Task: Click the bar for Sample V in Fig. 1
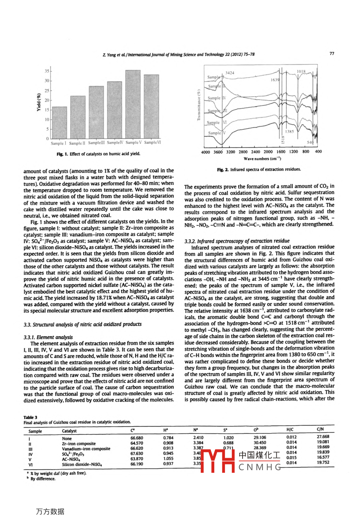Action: coord(133,104)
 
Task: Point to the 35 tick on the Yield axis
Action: coord(47,71)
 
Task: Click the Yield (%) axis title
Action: coord(39,102)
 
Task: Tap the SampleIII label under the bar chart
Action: coord(96,143)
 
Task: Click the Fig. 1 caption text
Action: coord(98,154)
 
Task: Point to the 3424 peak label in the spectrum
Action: coord(230,73)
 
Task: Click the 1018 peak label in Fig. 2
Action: coord(301,72)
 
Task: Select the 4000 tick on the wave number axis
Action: coord(205,152)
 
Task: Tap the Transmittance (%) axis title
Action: coord(198,104)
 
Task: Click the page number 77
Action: coord(332,54)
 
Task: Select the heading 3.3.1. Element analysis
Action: coord(48,337)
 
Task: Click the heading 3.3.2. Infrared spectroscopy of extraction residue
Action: coord(237,241)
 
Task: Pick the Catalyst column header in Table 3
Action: coord(69,431)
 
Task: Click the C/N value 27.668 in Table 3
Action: coord(323,437)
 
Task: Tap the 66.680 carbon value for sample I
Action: coord(137,438)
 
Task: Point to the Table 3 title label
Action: coord(30,417)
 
